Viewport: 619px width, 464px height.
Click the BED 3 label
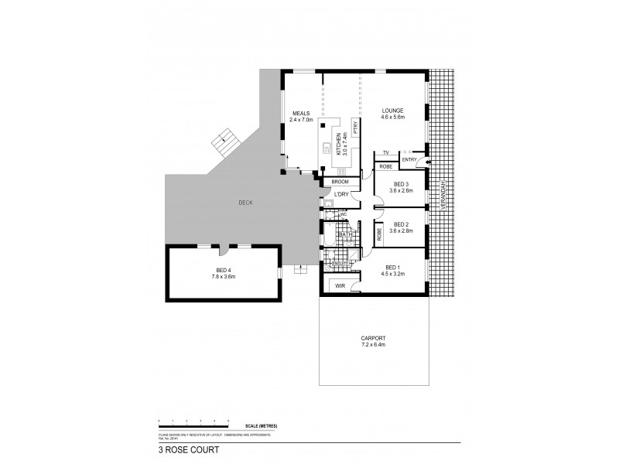(x=402, y=183)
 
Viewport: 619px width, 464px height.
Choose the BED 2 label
(x=402, y=224)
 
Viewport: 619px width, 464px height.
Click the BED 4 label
(x=224, y=270)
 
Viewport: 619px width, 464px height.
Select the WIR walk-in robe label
(x=338, y=286)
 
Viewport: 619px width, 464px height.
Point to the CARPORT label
(x=373, y=338)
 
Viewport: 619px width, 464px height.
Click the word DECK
(x=246, y=203)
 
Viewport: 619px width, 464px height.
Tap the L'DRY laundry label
(x=340, y=194)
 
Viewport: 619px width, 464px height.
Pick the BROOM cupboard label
(x=340, y=181)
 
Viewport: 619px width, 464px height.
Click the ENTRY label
(x=409, y=160)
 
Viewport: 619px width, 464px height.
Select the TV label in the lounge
(x=385, y=153)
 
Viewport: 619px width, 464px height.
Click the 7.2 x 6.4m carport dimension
(x=373, y=344)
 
